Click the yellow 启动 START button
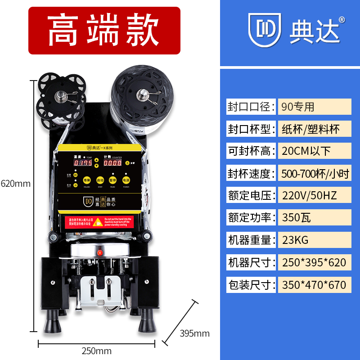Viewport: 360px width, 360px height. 100,179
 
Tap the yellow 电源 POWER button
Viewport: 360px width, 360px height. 126,179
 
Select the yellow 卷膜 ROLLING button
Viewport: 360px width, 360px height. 87,179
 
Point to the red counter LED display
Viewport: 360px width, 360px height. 112,163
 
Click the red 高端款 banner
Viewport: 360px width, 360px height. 104,31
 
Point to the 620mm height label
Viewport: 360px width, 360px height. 16,184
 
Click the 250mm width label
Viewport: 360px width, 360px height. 97,351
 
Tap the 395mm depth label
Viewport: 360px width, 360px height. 195,333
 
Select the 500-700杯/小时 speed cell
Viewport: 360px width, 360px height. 314,173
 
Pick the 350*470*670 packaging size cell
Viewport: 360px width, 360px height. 314,284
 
